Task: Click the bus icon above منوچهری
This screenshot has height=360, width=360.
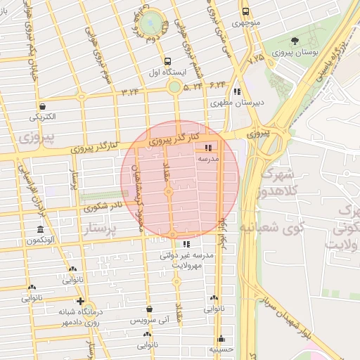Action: pos(245,12)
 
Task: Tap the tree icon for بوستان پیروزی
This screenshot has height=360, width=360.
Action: pos(295,41)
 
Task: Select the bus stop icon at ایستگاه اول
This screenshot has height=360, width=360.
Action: pos(167,61)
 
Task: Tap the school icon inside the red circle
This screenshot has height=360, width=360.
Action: pos(207,148)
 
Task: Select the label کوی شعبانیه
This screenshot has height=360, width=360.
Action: pos(281,227)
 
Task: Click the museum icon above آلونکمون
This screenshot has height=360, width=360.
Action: pos(40,230)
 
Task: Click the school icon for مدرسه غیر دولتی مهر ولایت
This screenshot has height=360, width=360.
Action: pos(186,245)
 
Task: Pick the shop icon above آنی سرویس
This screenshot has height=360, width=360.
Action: pos(149,308)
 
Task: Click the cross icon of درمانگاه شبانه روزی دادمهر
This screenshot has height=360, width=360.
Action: pos(81,302)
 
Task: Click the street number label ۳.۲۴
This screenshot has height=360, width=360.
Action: pos(130,91)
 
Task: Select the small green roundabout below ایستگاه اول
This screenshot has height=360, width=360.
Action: pos(174,87)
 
